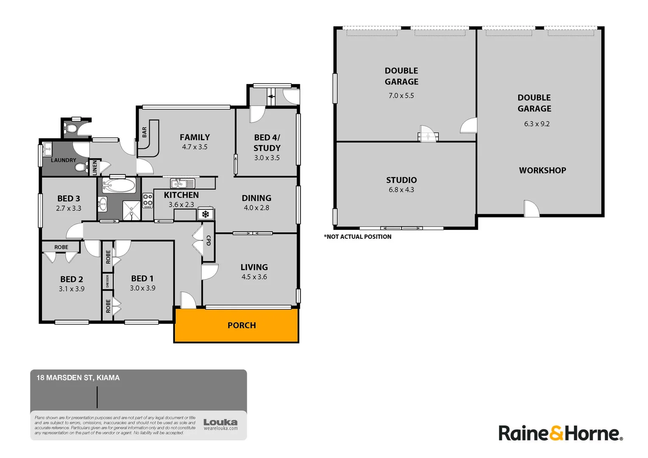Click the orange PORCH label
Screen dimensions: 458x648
tap(242, 325)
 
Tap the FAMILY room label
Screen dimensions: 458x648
tap(195, 137)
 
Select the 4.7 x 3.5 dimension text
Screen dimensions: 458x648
tap(195, 147)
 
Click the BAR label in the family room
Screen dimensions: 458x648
tap(145, 132)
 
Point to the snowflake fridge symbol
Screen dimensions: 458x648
tap(206, 214)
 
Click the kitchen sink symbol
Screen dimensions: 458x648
tap(182, 184)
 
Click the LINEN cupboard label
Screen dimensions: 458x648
tap(95, 168)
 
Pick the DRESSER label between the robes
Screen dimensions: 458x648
tap(107, 281)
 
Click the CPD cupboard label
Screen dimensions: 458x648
tap(208, 240)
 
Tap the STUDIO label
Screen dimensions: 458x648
tap(401, 180)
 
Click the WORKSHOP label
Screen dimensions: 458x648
tap(542, 170)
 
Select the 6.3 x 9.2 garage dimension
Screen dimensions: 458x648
tap(536, 124)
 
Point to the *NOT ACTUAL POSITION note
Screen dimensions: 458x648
tap(358, 237)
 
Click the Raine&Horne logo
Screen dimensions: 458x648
tap(560, 433)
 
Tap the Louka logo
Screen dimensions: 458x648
tap(221, 424)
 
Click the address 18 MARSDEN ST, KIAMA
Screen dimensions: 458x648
tap(78, 377)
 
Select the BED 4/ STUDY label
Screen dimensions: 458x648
tap(267, 142)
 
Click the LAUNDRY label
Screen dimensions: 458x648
tap(64, 160)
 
